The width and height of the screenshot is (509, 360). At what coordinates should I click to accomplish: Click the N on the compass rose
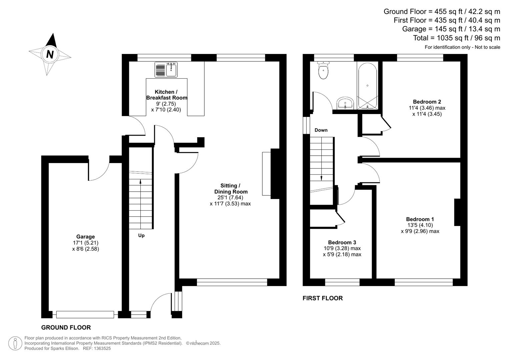[50, 54]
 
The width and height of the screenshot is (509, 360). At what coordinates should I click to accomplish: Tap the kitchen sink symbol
[166, 70]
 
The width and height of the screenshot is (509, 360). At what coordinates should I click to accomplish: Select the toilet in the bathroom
[323, 70]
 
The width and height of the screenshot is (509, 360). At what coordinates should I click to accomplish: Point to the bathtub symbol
[367, 86]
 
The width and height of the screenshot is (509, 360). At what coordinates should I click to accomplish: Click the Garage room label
[85, 237]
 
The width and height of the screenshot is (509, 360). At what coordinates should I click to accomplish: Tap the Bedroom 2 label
[427, 102]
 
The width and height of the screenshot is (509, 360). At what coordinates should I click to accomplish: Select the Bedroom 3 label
[342, 242]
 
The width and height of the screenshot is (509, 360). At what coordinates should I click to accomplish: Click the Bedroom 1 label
[420, 219]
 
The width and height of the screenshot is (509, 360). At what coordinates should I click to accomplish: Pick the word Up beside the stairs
[141, 235]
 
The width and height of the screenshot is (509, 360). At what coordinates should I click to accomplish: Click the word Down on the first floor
[321, 130]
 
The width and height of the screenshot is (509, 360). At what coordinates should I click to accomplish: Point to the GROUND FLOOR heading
[66, 327]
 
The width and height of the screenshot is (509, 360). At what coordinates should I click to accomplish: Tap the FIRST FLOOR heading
[322, 298]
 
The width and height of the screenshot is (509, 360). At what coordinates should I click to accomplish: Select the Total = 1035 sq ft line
[456, 38]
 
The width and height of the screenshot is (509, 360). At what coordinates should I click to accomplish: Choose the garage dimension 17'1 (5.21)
[85, 243]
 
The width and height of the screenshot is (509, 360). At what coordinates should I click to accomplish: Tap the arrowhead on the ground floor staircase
[140, 182]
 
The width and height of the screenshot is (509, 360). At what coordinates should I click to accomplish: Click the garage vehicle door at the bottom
[85, 314]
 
